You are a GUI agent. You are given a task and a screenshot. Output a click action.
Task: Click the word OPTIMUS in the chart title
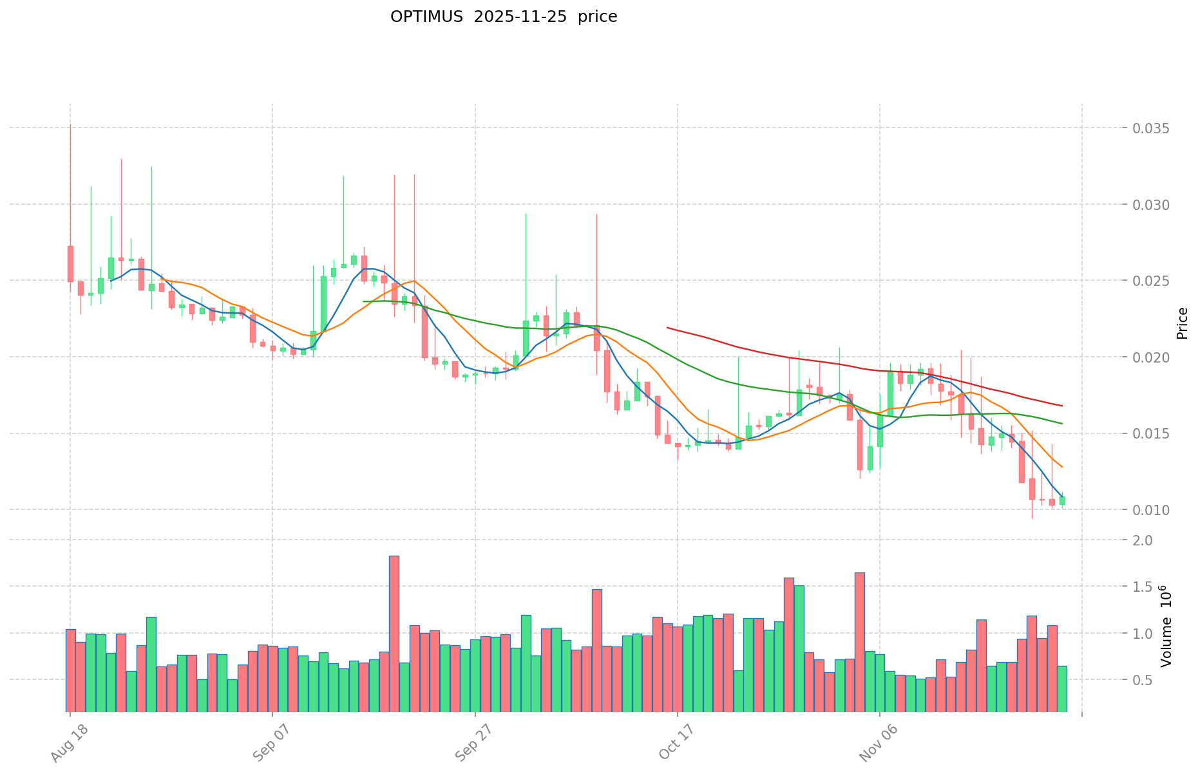(426, 17)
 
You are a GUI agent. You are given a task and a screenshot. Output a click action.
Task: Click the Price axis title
(1182, 323)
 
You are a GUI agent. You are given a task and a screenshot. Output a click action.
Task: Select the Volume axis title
(1165, 625)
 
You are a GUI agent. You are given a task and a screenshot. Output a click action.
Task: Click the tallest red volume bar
(394, 634)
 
